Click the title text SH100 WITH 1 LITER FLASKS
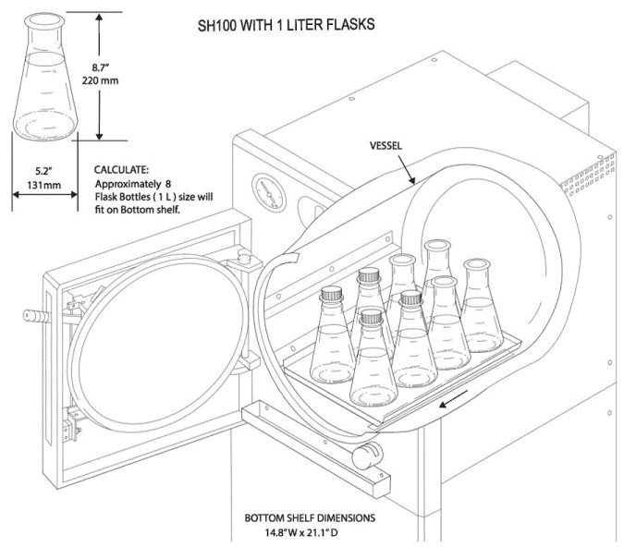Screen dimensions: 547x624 click(286, 25)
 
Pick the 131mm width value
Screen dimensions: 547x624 click(43, 185)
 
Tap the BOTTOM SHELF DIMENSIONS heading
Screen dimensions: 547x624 click(310, 518)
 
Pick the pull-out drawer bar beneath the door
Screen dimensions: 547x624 click(314, 444)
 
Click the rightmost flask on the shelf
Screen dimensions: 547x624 click(480, 310)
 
